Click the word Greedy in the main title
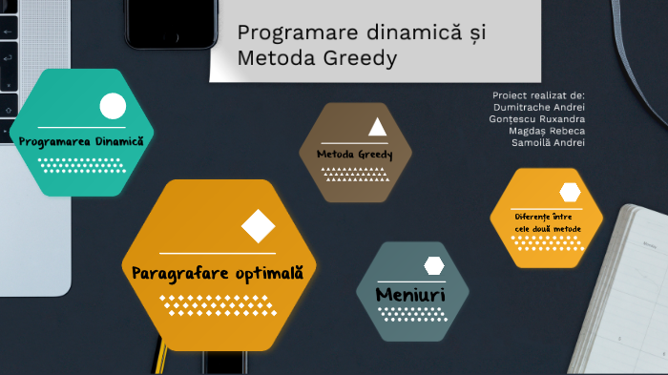[x=364, y=58]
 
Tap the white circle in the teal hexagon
[x=113, y=106]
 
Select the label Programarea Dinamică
[x=81, y=140]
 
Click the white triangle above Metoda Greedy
[x=378, y=127]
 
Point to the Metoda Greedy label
[x=355, y=154]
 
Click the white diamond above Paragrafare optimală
[x=258, y=226]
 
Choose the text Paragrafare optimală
[x=217, y=273]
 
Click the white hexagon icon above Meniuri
[x=434, y=265]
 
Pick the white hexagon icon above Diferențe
[x=570, y=192]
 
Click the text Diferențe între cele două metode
[x=547, y=221]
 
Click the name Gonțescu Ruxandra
[x=537, y=118]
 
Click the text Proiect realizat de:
[x=538, y=95]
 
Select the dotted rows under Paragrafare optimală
[x=219, y=304]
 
